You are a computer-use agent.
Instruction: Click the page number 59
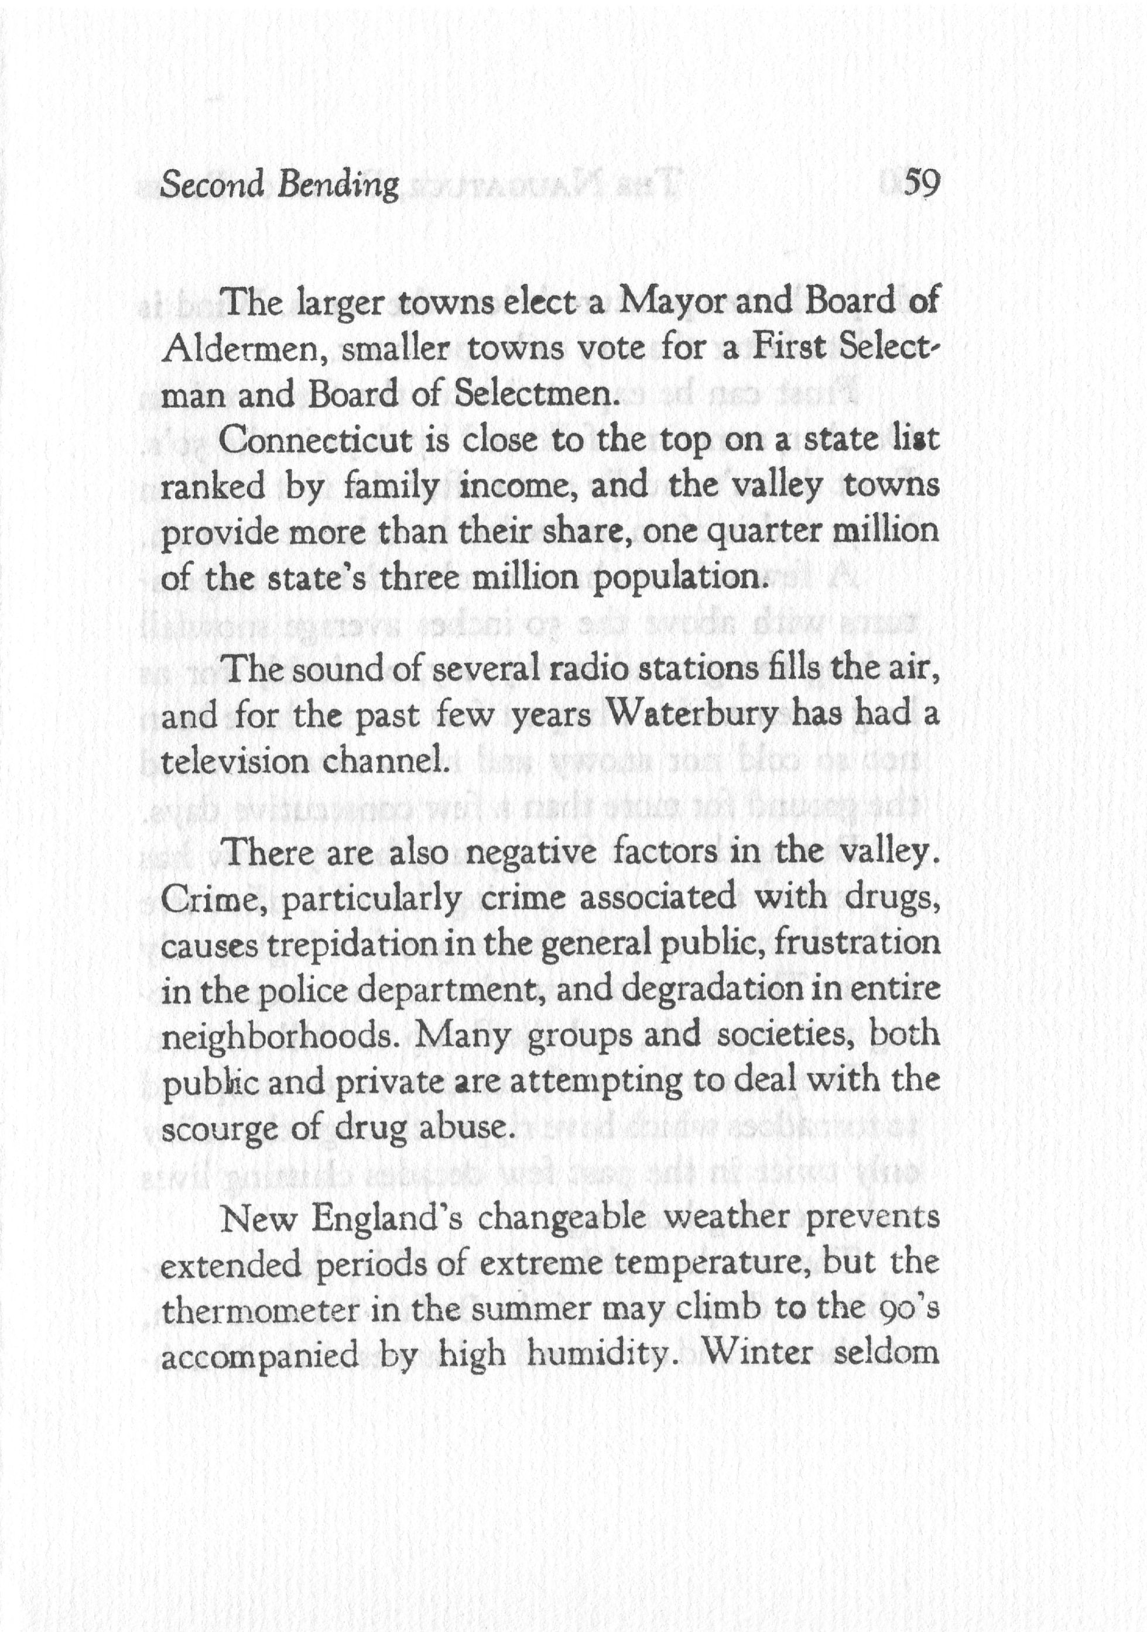921,185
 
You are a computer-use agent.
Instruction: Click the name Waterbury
715,715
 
